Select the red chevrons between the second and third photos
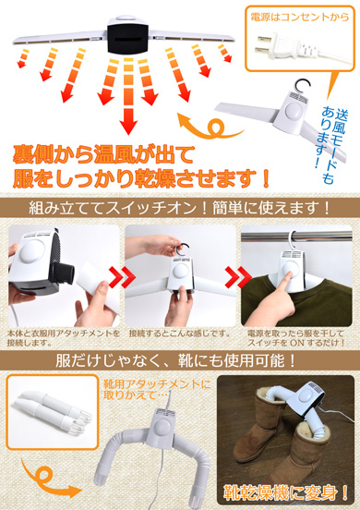click(234, 274)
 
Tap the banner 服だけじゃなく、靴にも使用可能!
click(180, 359)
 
